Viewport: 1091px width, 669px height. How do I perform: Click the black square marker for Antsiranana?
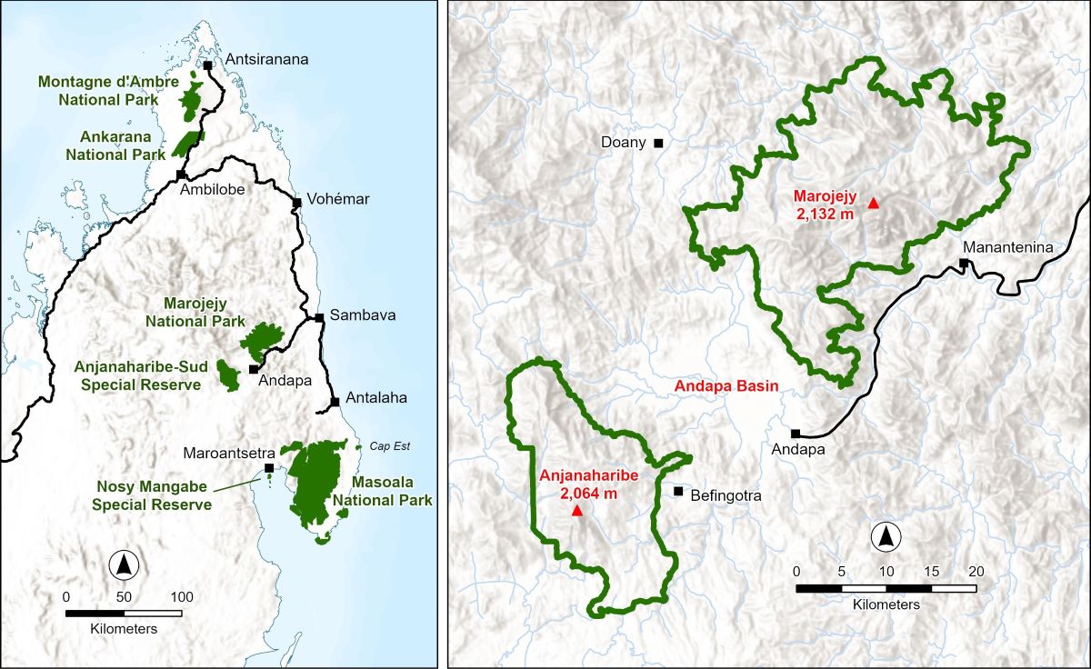coord(208,65)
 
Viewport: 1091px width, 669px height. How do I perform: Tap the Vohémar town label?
coord(339,200)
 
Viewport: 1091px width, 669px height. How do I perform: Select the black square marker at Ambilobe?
coord(181,175)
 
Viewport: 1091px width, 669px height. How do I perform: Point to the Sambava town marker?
coord(319,317)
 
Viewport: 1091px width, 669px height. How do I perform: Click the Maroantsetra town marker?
coord(268,467)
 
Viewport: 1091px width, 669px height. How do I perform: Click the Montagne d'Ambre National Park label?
coord(98,90)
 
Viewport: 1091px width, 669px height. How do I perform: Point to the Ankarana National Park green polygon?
coord(188,143)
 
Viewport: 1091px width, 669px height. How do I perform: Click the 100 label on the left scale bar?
coord(182,597)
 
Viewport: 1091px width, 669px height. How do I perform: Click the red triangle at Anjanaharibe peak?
coord(576,511)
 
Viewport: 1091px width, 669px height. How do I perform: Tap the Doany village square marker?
coord(658,143)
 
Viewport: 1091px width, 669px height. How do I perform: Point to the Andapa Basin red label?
coord(726,386)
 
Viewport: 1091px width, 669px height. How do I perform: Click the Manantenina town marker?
coord(963,264)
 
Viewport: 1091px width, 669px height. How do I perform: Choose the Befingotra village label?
coord(725,496)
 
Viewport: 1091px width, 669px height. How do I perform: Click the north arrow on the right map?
coord(885,538)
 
